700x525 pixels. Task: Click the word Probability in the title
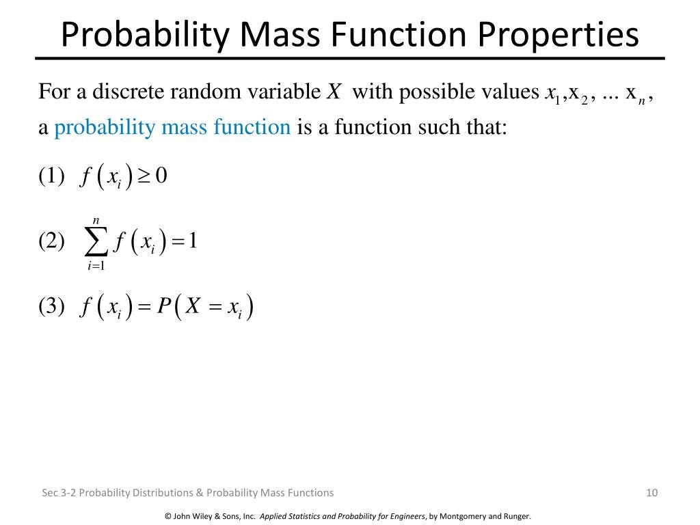(x=145, y=36)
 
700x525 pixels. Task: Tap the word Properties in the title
(x=558, y=36)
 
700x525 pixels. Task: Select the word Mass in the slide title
(x=280, y=34)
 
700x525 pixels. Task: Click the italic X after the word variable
(x=334, y=92)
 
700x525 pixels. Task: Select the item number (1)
(x=51, y=176)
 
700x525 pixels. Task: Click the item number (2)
(x=51, y=241)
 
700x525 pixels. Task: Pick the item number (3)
(x=51, y=307)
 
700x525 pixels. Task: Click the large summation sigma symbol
(x=96, y=242)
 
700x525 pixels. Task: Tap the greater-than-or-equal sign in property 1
(x=144, y=176)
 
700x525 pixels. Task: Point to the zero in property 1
(x=161, y=176)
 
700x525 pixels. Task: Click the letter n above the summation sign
(x=96, y=221)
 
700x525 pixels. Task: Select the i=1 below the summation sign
(x=96, y=266)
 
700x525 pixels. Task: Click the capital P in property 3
(x=164, y=306)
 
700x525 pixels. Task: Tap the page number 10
(x=651, y=492)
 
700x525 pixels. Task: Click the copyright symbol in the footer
(x=168, y=517)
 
